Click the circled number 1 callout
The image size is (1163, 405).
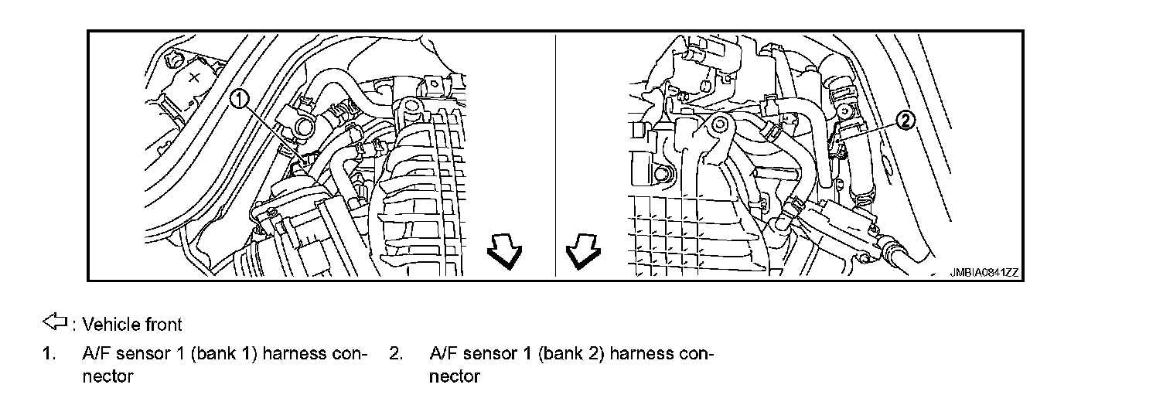point(240,98)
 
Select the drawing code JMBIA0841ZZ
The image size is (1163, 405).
point(984,273)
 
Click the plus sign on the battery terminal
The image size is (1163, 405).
point(195,77)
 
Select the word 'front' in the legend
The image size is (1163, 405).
point(164,323)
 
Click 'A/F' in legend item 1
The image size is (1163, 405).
point(96,355)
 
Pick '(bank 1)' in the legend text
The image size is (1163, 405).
point(230,355)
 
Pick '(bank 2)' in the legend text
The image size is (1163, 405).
point(578,355)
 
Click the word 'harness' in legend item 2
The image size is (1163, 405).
point(646,355)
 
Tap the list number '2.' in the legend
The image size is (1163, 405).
point(397,355)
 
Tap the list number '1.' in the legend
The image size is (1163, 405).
point(49,355)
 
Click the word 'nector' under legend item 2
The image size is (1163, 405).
point(455,377)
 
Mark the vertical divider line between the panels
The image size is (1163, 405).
point(556,155)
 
